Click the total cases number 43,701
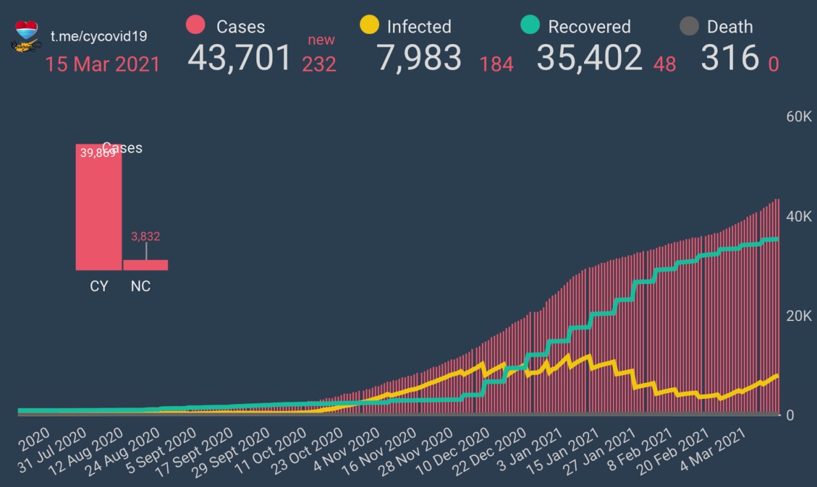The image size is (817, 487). tap(239, 58)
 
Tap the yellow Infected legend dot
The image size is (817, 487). tap(370, 26)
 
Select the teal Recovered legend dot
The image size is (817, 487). tap(530, 26)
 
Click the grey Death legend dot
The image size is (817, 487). tap(689, 26)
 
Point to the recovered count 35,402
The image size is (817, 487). tap(589, 58)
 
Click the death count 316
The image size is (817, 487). tap(730, 58)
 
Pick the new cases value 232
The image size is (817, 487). tap(319, 64)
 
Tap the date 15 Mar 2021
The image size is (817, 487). tap(102, 64)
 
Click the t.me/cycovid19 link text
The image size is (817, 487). tap(99, 36)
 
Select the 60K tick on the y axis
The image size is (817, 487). tap(798, 117)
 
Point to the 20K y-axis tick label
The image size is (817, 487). tap(798, 317)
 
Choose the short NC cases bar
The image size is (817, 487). tap(146, 265)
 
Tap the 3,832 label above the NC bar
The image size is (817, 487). tap(146, 237)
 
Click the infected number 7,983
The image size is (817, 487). tap(419, 58)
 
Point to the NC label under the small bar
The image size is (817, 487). tap(140, 286)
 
